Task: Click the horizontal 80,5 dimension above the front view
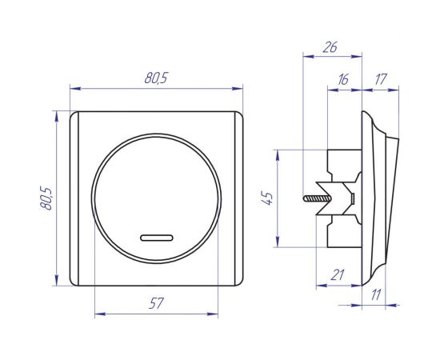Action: [156, 78]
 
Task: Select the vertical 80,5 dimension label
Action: [46, 198]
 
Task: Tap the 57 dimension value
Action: [156, 303]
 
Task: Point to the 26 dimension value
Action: [330, 47]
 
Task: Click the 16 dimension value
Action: [343, 79]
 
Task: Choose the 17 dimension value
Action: [381, 79]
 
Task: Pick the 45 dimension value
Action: [267, 198]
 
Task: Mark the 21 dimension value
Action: [338, 275]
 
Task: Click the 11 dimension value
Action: [376, 294]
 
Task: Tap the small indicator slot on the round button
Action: [157, 238]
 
